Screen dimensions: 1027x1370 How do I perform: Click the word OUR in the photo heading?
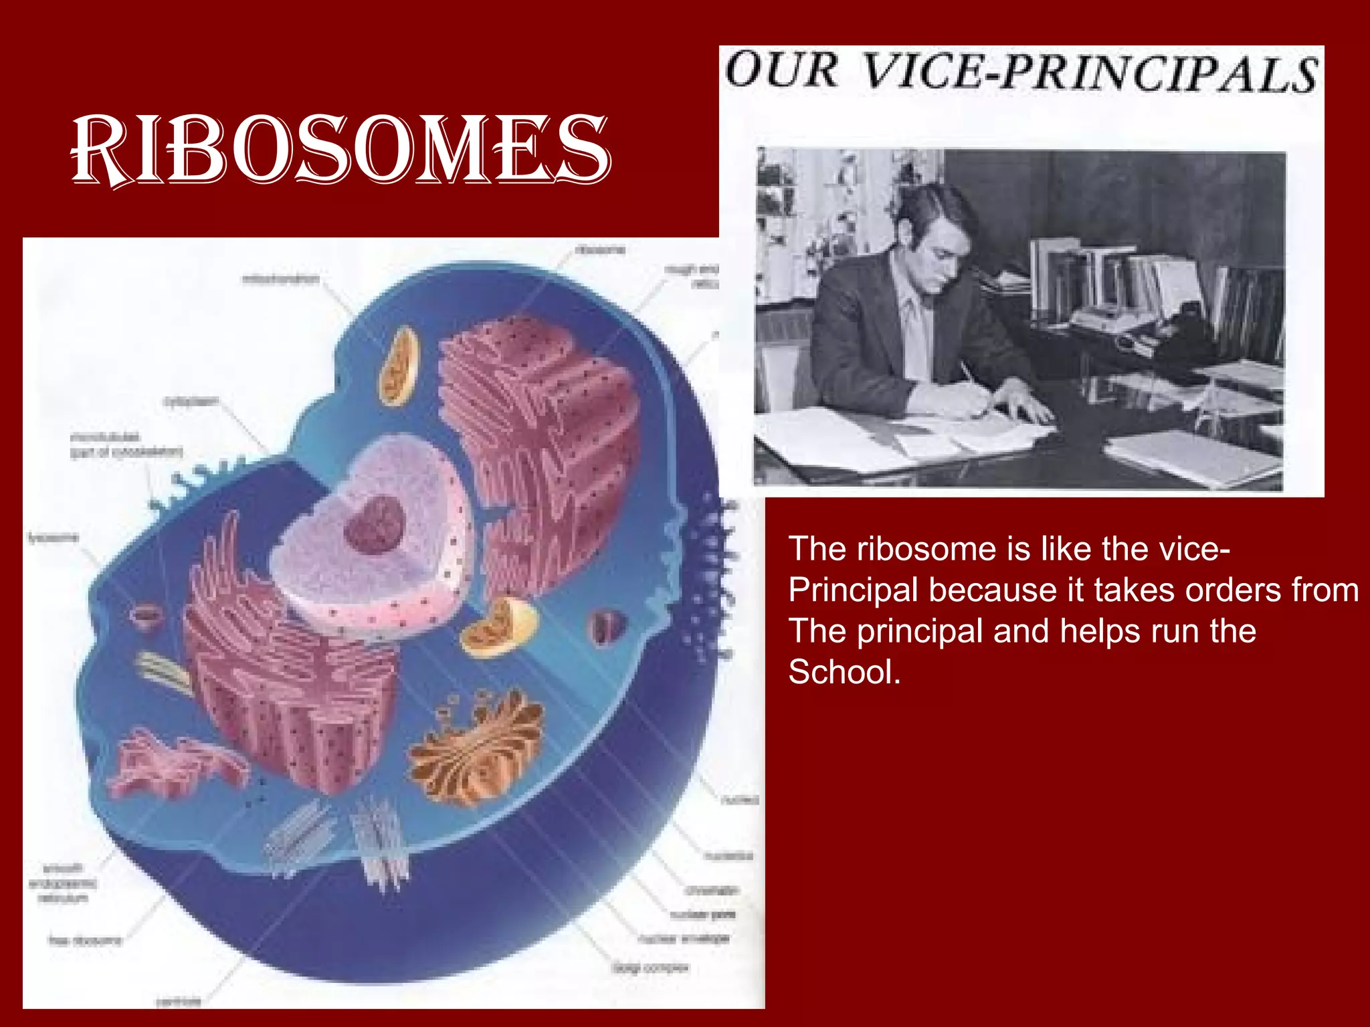pos(781,70)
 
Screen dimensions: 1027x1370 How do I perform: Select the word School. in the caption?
pos(844,672)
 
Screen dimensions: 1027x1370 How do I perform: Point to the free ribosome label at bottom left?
pos(85,941)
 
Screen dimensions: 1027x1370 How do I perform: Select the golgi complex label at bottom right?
pos(650,967)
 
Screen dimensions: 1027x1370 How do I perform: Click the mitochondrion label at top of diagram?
pos(281,279)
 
